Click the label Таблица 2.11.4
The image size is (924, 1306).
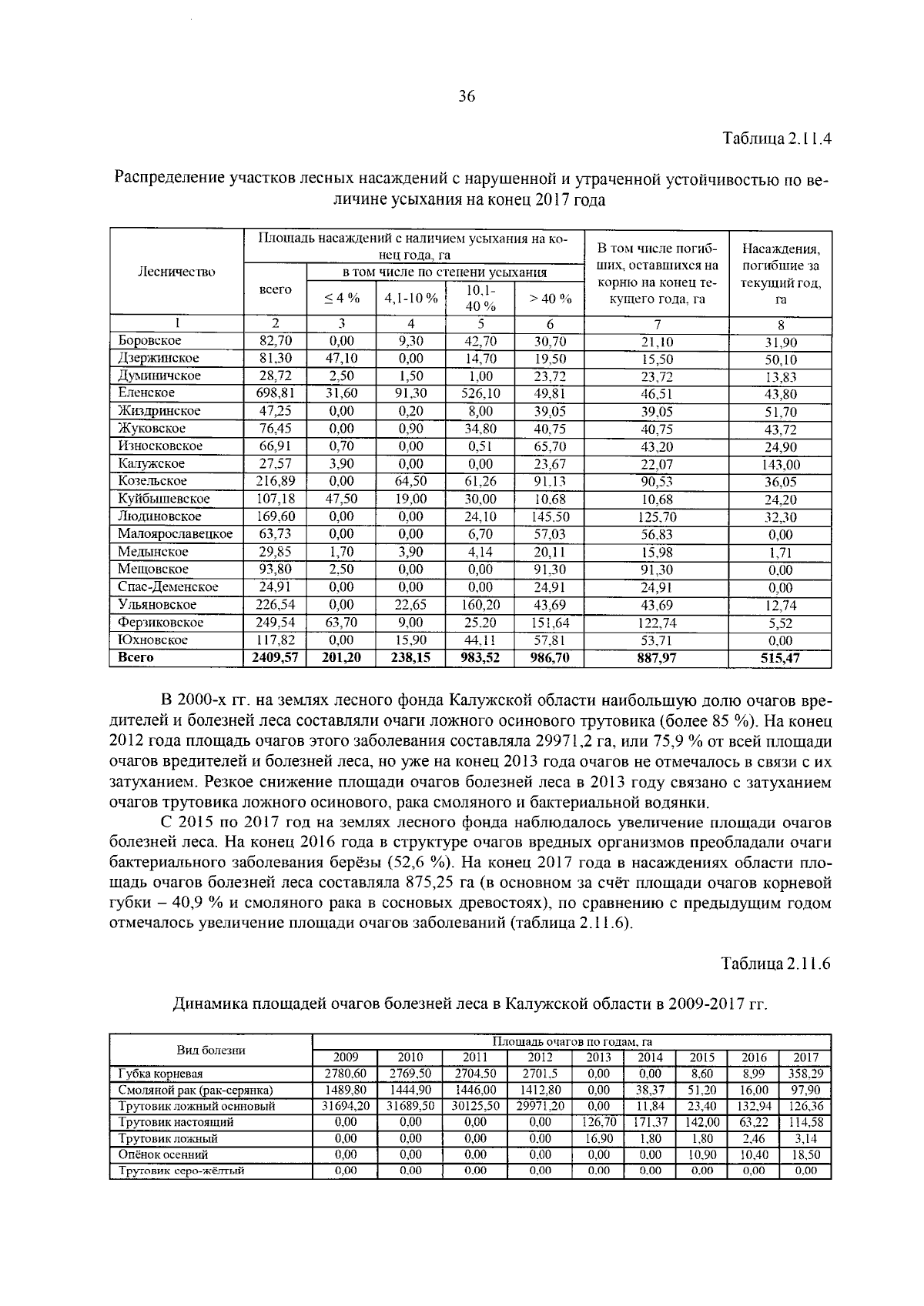pyautogui.click(x=776, y=140)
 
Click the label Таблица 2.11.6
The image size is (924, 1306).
pyautogui.click(x=776, y=964)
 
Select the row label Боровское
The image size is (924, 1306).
pyautogui.click(x=149, y=340)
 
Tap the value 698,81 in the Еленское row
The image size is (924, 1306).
pyautogui.click(x=275, y=393)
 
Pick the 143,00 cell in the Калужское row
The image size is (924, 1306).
pyautogui.click(x=780, y=464)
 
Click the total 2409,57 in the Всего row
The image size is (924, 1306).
pyautogui.click(x=275, y=658)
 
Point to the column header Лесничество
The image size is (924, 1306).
pyautogui.click(x=176, y=271)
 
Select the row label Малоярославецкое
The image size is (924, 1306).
pyautogui.click(x=175, y=534)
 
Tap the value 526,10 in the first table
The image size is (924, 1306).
pyautogui.click(x=480, y=393)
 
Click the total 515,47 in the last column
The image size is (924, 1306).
pyautogui.click(x=780, y=659)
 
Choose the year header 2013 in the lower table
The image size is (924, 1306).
pyautogui.click(x=598, y=1057)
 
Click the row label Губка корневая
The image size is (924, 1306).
pyautogui.click(x=160, y=1074)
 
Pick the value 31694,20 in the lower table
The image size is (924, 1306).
pyautogui.click(x=345, y=1106)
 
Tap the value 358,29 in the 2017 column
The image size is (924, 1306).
pyautogui.click(x=805, y=1074)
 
